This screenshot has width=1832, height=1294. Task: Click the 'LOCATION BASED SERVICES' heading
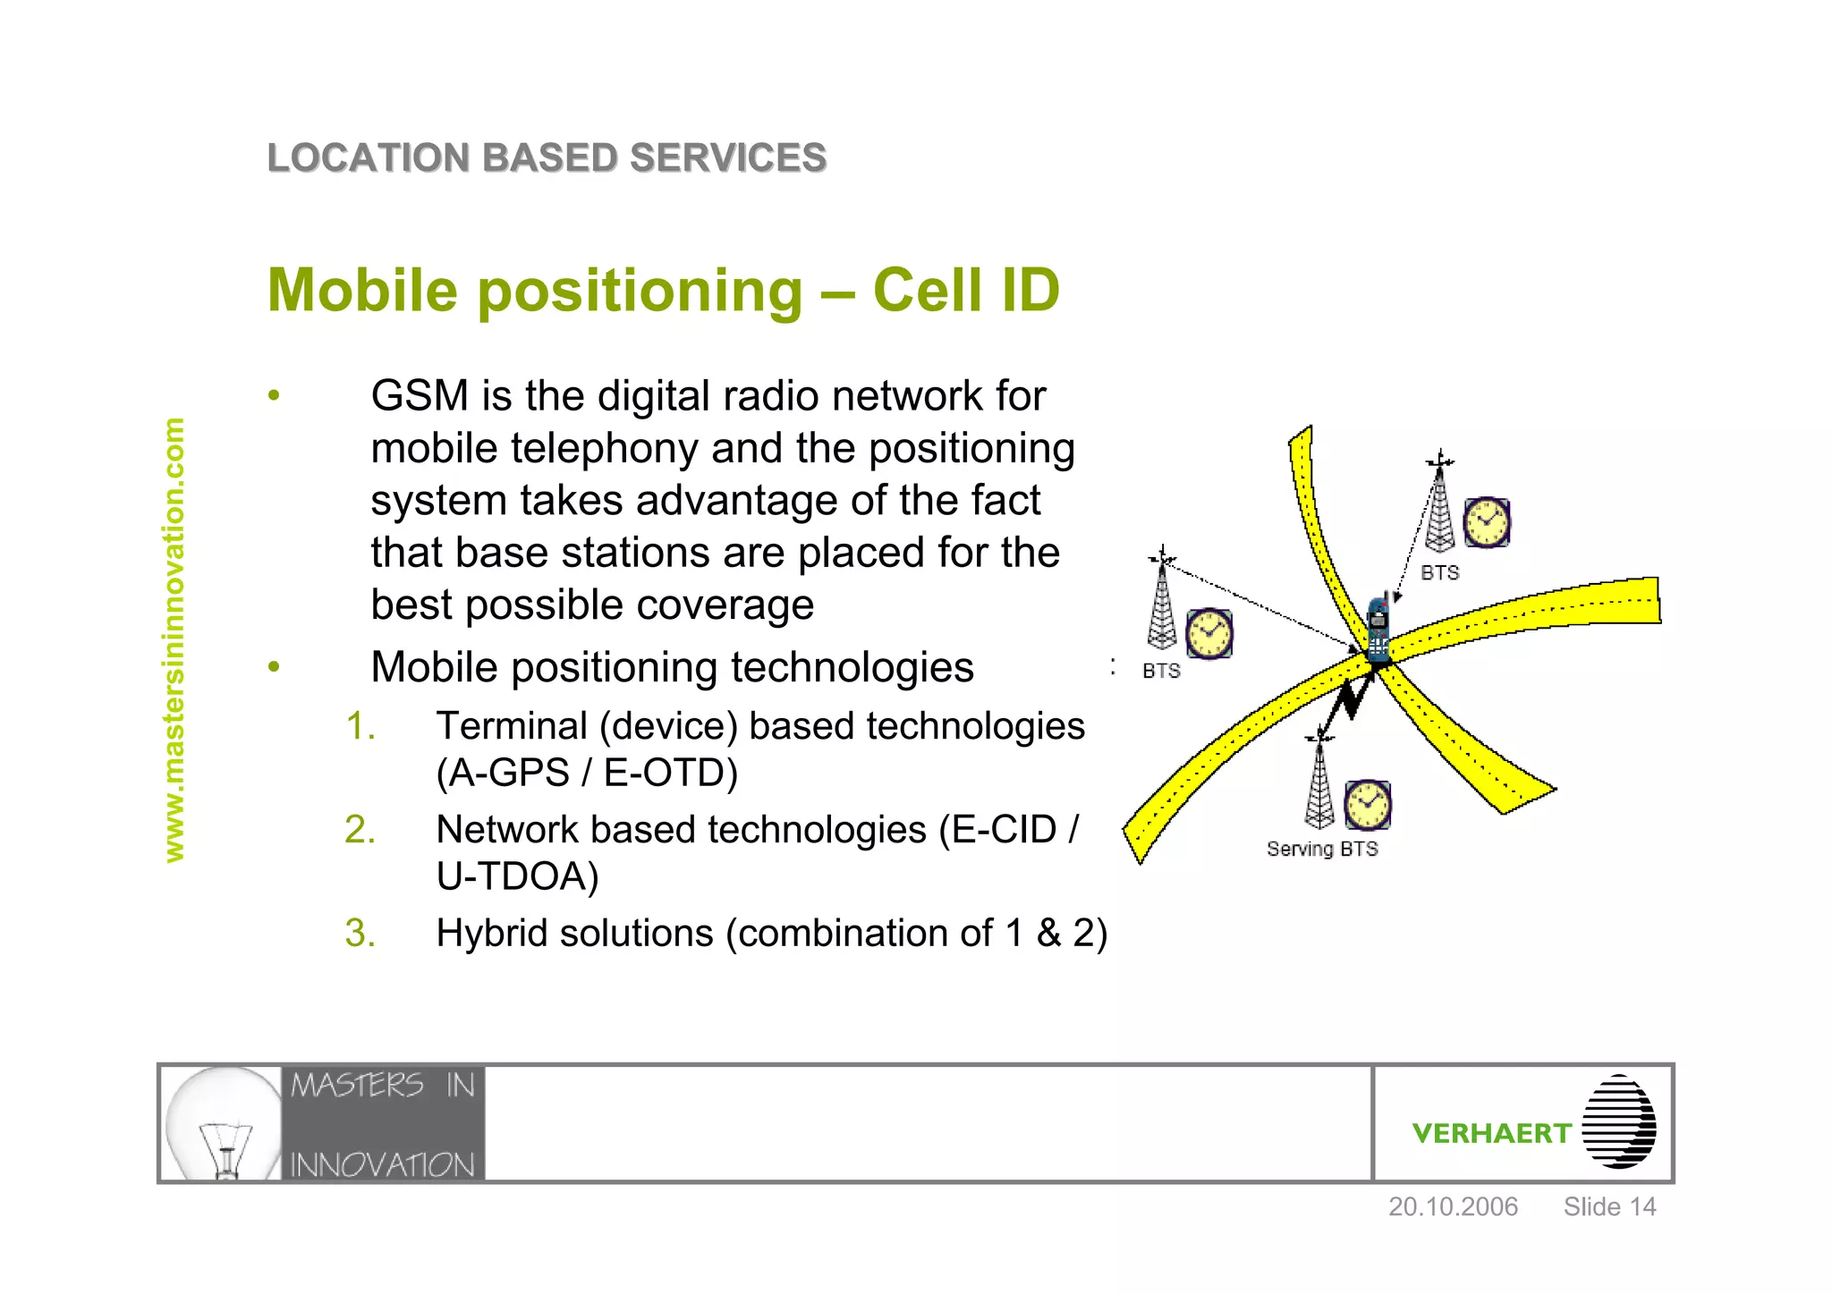click(547, 158)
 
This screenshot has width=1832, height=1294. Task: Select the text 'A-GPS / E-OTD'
click(587, 773)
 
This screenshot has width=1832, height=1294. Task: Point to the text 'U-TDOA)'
click(517, 876)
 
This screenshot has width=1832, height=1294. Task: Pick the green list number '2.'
click(360, 830)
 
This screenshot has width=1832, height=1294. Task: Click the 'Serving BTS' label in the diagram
click(1322, 849)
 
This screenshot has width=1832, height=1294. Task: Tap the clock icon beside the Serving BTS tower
click(1368, 804)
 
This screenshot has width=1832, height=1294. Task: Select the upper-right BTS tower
click(1439, 505)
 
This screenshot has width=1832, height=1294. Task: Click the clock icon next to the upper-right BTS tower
click(1487, 522)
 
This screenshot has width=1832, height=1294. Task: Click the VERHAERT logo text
click(1491, 1134)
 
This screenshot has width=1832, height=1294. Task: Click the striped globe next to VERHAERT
click(1618, 1122)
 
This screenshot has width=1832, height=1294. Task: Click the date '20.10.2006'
click(1453, 1207)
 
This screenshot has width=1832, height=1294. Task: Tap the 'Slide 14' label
click(1609, 1207)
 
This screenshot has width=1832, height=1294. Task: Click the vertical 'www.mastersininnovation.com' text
click(174, 640)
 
